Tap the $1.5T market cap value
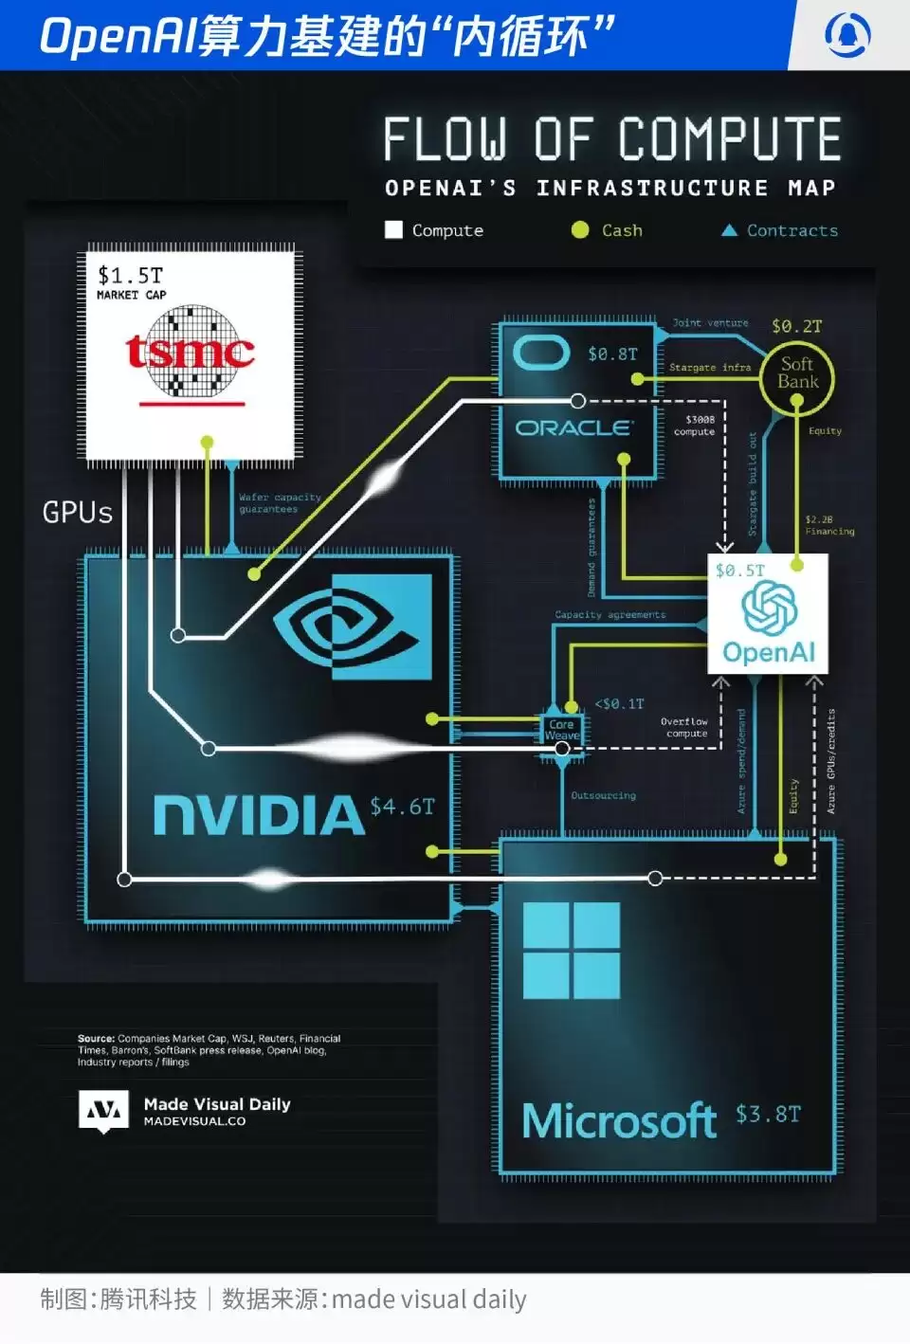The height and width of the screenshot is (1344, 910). pyautogui.click(x=131, y=276)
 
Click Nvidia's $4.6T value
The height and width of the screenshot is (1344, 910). pyautogui.click(x=402, y=807)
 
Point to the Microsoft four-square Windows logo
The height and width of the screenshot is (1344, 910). pyautogui.click(x=572, y=950)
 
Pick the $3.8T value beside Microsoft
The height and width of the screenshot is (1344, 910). pyautogui.click(x=768, y=1114)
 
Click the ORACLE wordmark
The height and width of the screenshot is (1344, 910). pyautogui.click(x=573, y=428)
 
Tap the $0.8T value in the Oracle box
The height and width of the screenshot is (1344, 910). pyautogui.click(x=612, y=354)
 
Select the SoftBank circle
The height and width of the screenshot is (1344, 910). pyautogui.click(x=797, y=373)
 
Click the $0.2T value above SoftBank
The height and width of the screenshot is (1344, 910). pyautogui.click(x=796, y=326)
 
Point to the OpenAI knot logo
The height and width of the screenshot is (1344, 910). pyautogui.click(x=769, y=608)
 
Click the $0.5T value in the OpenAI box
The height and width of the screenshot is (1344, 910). pyautogui.click(x=739, y=571)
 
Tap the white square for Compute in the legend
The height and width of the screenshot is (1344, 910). pyautogui.click(x=393, y=229)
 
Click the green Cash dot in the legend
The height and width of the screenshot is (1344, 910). pyautogui.click(x=580, y=229)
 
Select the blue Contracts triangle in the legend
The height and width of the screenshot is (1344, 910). pyautogui.click(x=729, y=229)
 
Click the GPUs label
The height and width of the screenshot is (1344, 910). pyautogui.click(x=78, y=513)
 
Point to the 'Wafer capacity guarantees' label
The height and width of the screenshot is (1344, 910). pyautogui.click(x=280, y=503)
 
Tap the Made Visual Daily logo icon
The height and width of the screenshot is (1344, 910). pyautogui.click(x=103, y=1111)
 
